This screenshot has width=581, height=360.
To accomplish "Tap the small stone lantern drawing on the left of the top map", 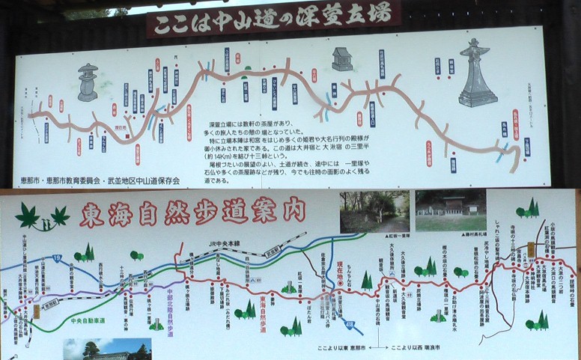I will pos(88,82).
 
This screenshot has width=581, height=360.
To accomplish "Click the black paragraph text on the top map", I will pos(288,150).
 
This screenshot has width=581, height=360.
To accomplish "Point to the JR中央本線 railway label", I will pos(228,242).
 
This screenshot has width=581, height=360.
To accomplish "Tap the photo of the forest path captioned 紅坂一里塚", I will pos(374,211).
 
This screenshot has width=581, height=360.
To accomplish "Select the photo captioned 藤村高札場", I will pos(450,210).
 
